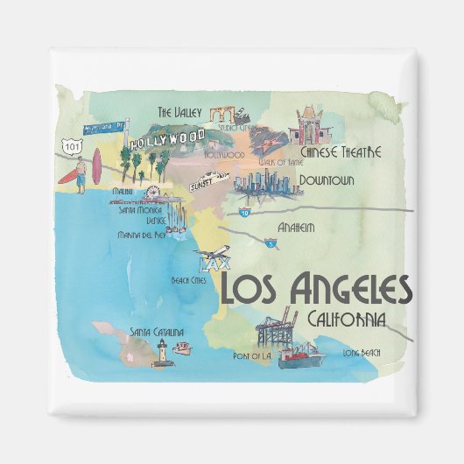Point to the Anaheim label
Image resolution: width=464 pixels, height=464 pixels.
pyautogui.click(x=296, y=228)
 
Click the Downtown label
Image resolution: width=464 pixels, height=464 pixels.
pyautogui.click(x=326, y=181)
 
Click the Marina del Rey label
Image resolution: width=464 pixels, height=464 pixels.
pyautogui.click(x=143, y=236)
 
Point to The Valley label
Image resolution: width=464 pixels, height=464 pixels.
pyautogui.click(x=179, y=112)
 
